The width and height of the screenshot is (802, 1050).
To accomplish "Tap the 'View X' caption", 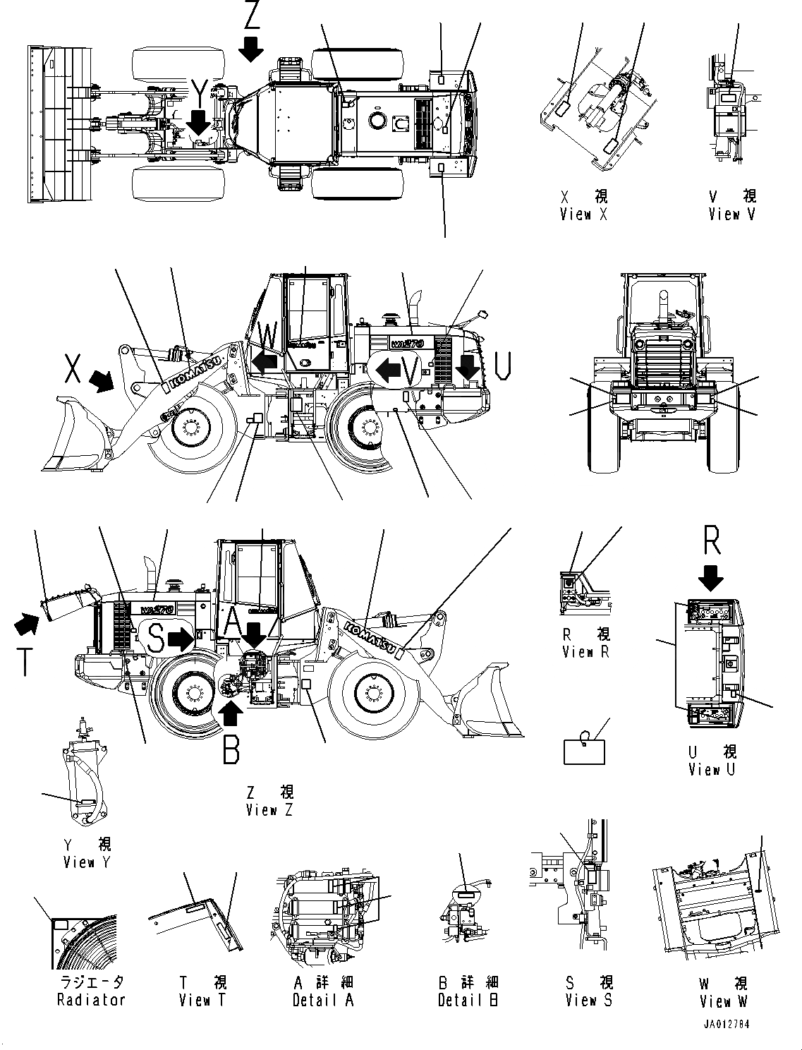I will (583, 215).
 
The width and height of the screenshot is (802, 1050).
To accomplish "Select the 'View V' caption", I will (732, 215).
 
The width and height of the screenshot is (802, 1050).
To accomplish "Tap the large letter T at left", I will (24, 662).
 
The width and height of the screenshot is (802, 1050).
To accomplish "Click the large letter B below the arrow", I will (231, 749).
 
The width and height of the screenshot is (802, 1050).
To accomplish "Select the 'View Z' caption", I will (269, 810).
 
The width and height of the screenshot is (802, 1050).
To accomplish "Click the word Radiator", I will (91, 1000).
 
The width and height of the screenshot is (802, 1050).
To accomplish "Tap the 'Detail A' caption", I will (323, 1000).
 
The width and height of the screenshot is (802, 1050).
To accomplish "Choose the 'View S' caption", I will (589, 1000).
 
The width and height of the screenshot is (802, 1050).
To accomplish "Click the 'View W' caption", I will (724, 1001).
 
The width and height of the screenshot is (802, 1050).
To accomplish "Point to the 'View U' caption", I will (712, 770).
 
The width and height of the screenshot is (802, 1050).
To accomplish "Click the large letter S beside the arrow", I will (157, 639).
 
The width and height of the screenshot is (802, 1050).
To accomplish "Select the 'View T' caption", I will (203, 1000).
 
